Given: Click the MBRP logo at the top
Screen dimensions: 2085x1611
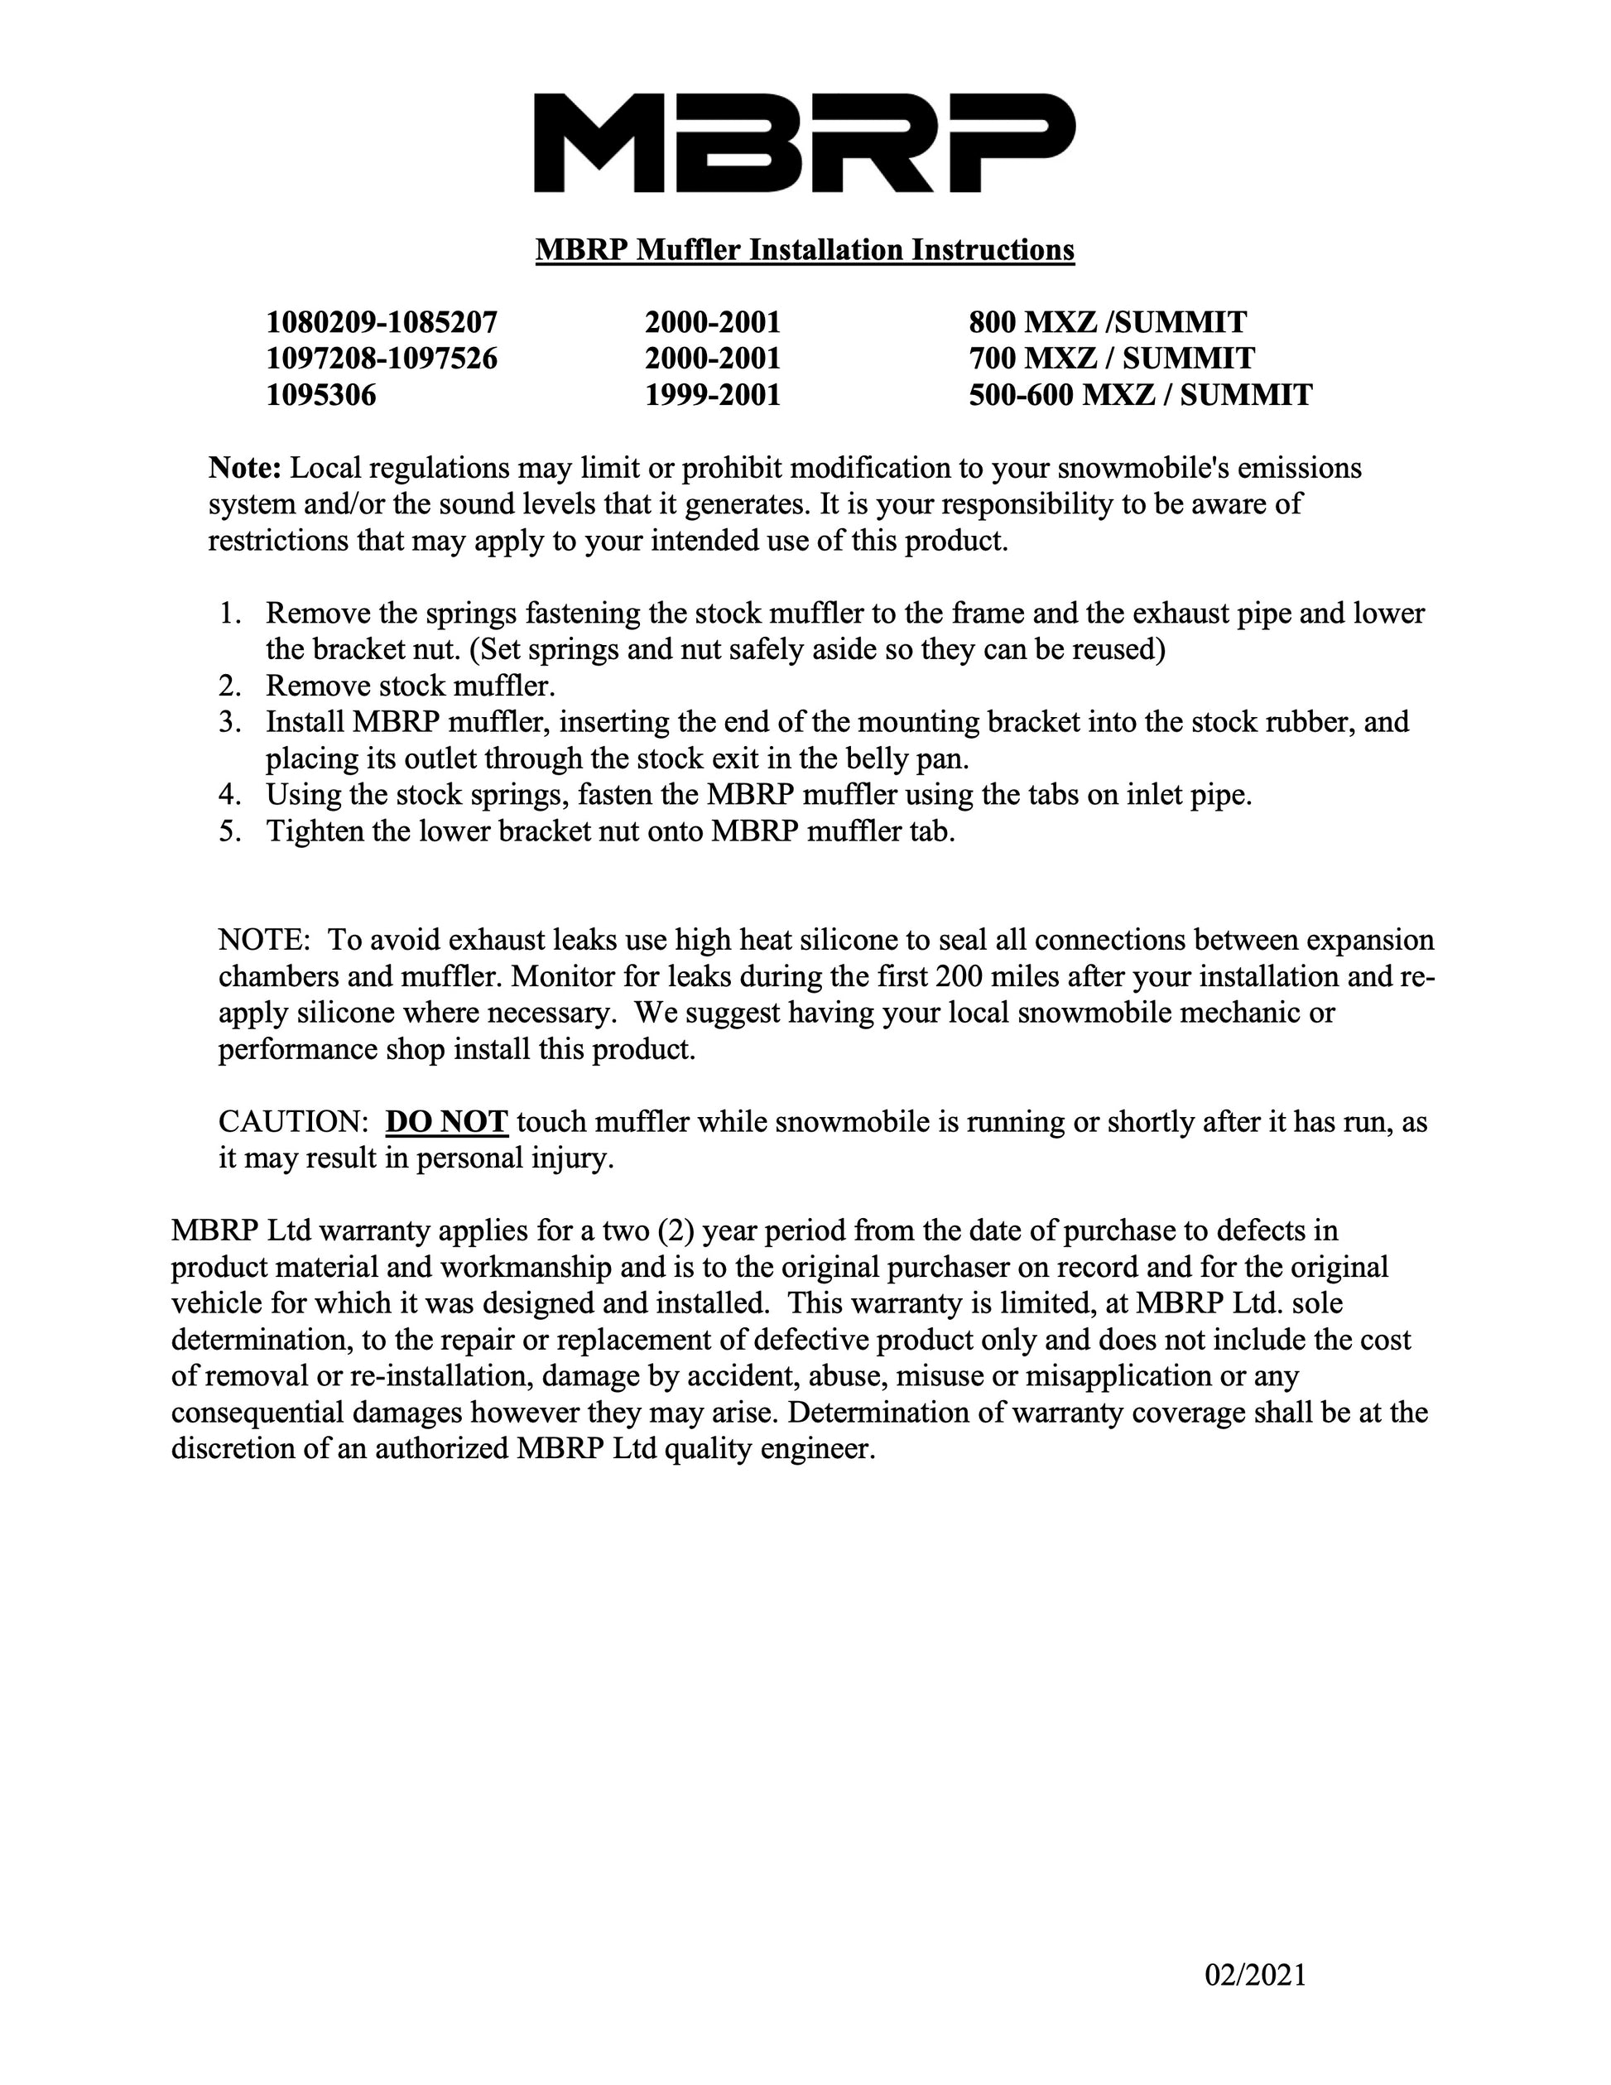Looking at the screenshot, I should pyautogui.click(x=804, y=143).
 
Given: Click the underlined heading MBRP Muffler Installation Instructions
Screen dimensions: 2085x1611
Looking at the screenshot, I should pyautogui.click(x=805, y=250).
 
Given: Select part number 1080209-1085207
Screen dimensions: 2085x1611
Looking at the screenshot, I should pyautogui.click(x=382, y=322).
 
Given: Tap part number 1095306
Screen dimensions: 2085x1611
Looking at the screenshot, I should pyautogui.click(x=322, y=394).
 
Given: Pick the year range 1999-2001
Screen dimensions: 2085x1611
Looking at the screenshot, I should pyautogui.click(x=713, y=394).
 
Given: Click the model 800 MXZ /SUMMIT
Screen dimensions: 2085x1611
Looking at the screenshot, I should pyautogui.click(x=1107, y=322).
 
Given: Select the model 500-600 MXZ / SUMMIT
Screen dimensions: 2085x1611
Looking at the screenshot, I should pyautogui.click(x=1141, y=394).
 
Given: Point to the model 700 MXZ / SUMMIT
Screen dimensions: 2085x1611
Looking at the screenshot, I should pyautogui.click(x=1112, y=358).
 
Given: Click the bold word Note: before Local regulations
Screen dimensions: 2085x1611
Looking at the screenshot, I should pyautogui.click(x=245, y=469).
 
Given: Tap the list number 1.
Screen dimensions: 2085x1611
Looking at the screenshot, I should pyautogui.click(x=230, y=613).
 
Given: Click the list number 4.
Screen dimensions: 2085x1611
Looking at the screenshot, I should pyautogui.click(x=230, y=794).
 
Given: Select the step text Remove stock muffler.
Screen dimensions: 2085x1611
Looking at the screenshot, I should pyautogui.click(x=411, y=686).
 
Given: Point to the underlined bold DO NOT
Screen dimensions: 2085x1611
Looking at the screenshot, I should pyautogui.click(x=445, y=1122).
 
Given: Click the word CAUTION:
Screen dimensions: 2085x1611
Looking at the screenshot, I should pyautogui.click(x=293, y=1122).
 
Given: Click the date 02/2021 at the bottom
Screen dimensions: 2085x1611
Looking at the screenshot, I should pyautogui.click(x=1255, y=1975).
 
